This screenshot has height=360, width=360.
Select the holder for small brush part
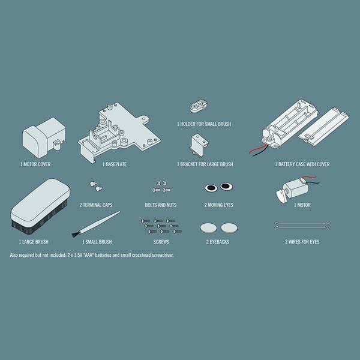[x=199, y=106]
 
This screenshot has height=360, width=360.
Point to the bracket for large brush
[x=199, y=145]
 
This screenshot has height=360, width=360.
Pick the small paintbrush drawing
[x=96, y=224]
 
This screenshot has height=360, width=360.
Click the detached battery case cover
[x=323, y=127]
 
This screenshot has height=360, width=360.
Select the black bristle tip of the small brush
[x=75, y=235]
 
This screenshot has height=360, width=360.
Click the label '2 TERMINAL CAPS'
[x=96, y=205]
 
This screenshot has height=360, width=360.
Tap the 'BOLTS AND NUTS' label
[x=161, y=205]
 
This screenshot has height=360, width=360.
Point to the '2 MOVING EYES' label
[x=219, y=205]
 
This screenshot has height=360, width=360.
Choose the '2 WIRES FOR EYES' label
[x=302, y=242]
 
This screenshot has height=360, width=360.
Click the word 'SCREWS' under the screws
[x=161, y=242]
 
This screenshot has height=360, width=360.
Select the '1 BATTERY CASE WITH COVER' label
[x=302, y=164]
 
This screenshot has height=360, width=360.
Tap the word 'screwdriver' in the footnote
[x=162, y=256]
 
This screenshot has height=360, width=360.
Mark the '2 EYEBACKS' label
[x=218, y=242]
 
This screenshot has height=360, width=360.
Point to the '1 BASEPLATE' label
[x=115, y=164]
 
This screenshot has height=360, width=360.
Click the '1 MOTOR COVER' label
[x=35, y=164]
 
